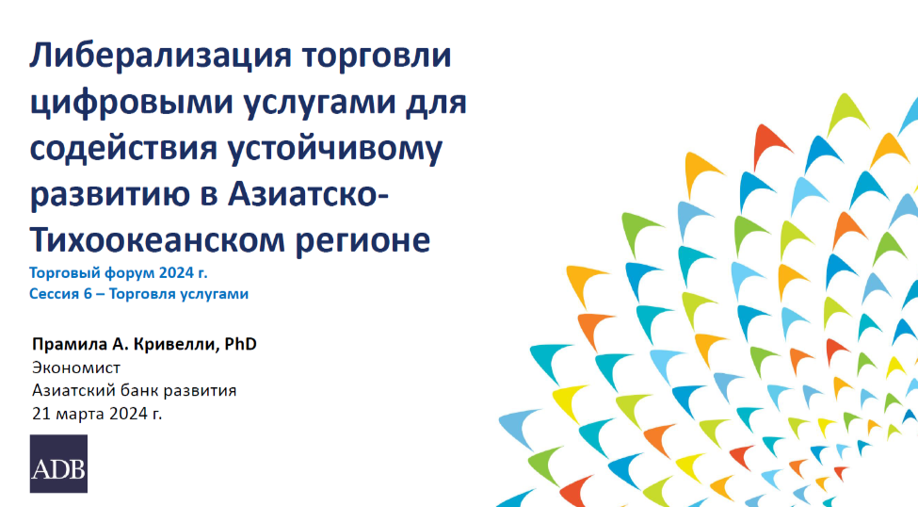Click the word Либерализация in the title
[x=160, y=57]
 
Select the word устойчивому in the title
[x=335, y=148]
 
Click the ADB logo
[x=58, y=464]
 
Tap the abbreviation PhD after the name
[x=241, y=344]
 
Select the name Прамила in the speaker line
[x=70, y=344]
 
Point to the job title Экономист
[x=76, y=368]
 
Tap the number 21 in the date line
[x=41, y=414]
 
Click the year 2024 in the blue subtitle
[x=177, y=273]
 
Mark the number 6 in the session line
[x=88, y=294]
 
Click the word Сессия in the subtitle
[x=55, y=294]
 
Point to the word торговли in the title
[x=377, y=57]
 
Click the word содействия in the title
[x=123, y=148]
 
